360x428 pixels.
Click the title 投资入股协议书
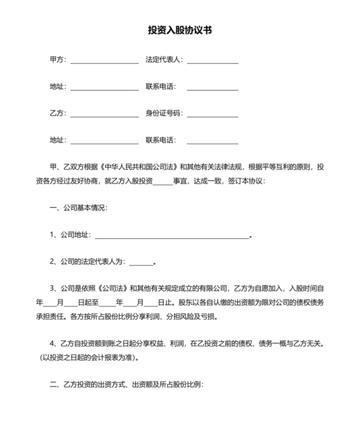[179, 30]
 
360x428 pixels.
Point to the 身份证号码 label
[164, 113]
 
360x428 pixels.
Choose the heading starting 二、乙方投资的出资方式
[126, 385]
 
